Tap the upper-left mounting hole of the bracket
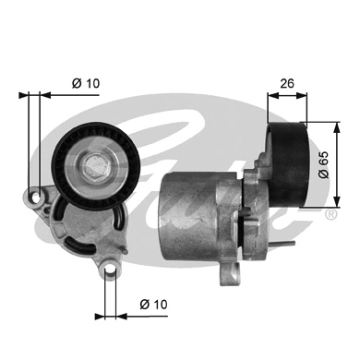[36, 199]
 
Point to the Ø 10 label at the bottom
[151, 303]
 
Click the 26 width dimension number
[288, 83]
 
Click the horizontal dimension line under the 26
[287, 94]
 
